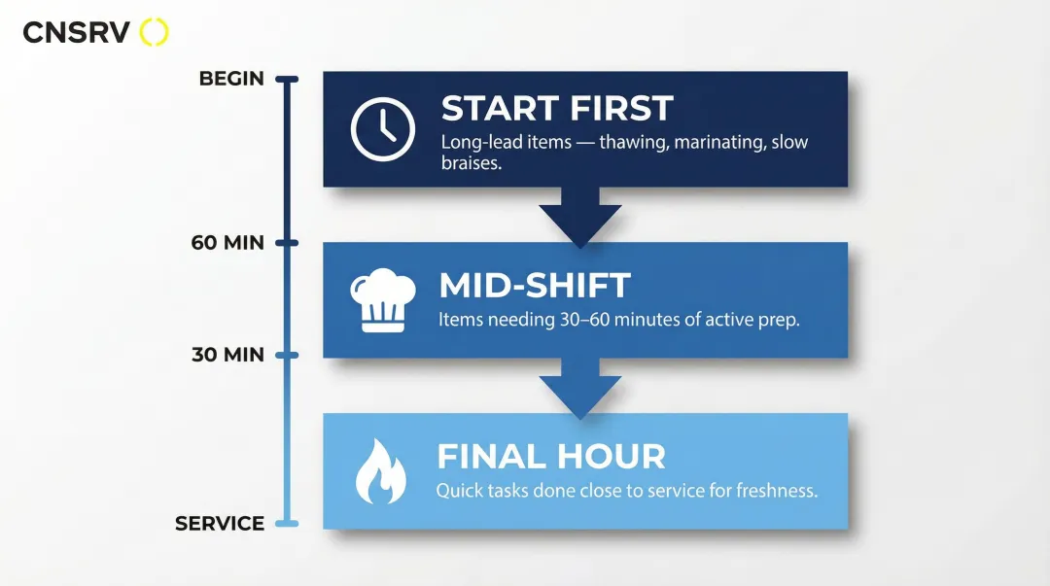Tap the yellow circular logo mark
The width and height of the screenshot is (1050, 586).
[155, 32]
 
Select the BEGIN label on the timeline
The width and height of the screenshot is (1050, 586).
[231, 79]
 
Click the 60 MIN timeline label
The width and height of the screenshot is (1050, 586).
[227, 243]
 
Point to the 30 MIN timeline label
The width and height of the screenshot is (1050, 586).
[227, 355]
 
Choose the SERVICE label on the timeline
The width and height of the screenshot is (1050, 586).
[220, 524]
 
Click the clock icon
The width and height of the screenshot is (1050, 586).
[382, 129]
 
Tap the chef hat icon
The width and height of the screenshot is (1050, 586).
[382, 300]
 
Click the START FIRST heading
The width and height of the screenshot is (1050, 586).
[557, 108]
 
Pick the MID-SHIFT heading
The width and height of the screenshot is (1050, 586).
[535, 286]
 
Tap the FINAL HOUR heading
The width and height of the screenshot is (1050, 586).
[551, 457]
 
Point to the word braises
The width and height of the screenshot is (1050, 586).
[472, 164]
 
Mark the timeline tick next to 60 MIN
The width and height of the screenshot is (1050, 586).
[286, 243]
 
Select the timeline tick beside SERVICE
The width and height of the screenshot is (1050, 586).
[286, 524]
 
